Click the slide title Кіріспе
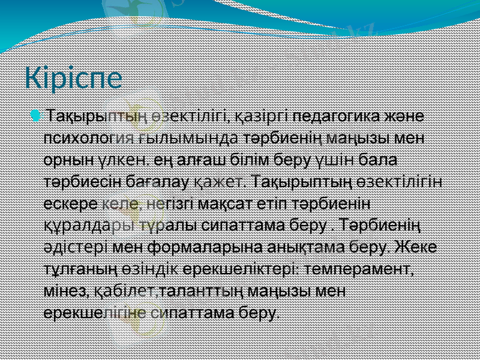[73, 79]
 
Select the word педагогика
[328, 115]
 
